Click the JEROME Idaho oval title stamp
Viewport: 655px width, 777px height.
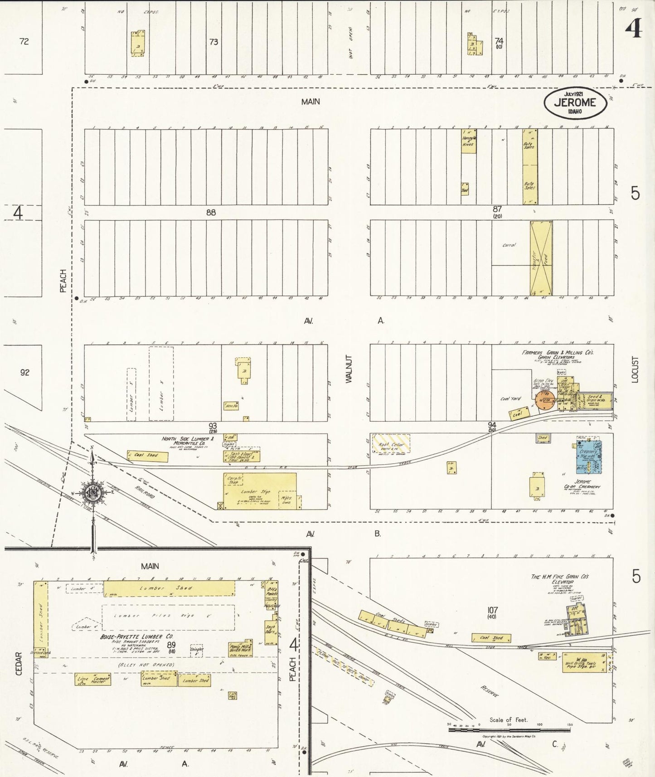576,103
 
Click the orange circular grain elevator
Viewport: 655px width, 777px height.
544,401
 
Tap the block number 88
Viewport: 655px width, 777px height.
211,212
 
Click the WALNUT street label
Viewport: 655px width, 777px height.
349,369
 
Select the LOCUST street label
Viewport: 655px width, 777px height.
635,369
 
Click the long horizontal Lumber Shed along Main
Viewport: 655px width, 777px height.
169,588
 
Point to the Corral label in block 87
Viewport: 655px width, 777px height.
509,245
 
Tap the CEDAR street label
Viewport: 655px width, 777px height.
19,664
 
